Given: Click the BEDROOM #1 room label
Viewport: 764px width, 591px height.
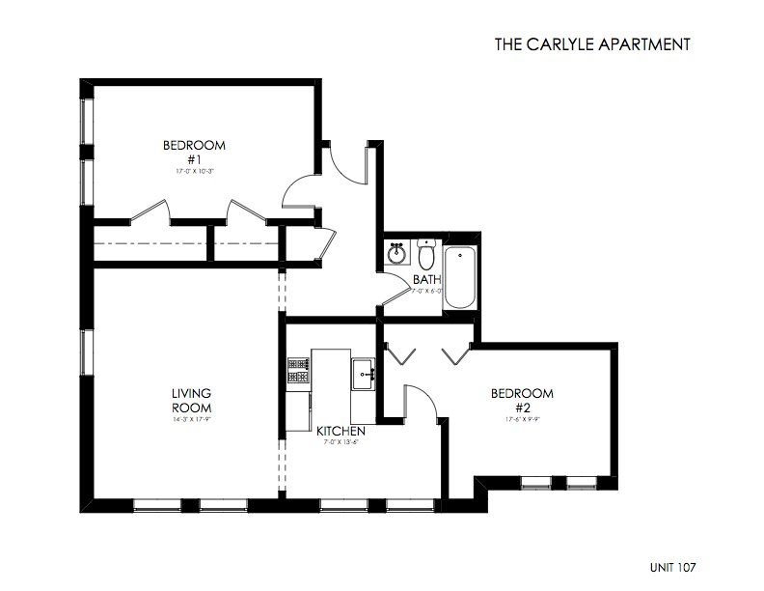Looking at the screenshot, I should coord(193,153).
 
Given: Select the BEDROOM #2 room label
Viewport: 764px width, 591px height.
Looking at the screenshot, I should coord(522,400).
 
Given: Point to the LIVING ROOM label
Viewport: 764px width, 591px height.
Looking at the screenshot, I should coord(191,400).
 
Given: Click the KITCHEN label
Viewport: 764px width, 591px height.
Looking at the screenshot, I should coord(340,431).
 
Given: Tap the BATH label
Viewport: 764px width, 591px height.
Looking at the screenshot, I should coord(426,280).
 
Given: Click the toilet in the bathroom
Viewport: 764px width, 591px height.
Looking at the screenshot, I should coord(425,255).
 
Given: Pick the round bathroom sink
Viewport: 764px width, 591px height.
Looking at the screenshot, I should coord(396,255).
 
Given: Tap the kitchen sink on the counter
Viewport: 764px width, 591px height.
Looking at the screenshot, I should coord(364,373).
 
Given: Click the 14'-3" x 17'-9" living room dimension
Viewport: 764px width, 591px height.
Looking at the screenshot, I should coord(191,419).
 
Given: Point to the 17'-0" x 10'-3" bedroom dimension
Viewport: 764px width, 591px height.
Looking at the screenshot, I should coord(193,171).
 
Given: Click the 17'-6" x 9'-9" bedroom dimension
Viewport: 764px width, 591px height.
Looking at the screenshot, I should coord(522,419).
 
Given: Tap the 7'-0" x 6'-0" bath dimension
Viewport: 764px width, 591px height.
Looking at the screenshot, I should coord(427,291).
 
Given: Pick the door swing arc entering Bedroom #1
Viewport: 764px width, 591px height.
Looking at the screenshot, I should coord(299,185).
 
